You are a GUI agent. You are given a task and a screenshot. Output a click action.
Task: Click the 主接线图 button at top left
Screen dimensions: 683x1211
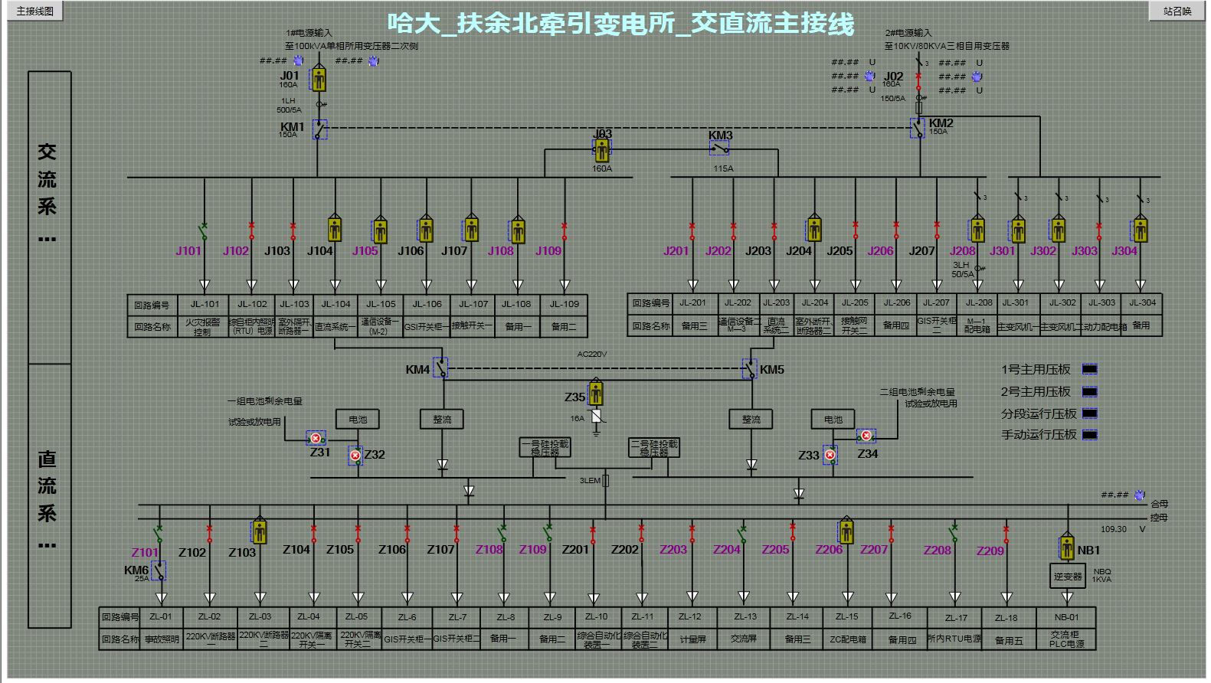34,11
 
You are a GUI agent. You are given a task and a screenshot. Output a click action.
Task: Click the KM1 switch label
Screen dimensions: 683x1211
292,127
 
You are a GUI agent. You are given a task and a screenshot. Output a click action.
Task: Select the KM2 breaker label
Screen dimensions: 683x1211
941,123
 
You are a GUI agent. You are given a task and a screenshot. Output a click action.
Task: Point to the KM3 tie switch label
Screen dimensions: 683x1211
720,136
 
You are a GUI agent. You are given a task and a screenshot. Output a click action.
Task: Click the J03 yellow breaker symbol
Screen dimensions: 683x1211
602,150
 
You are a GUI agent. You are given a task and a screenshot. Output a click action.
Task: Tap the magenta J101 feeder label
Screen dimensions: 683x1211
188,250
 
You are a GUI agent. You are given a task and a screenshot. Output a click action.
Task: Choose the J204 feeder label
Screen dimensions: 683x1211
798,250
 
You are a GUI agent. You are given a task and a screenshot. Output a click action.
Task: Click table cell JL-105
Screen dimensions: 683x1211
381,304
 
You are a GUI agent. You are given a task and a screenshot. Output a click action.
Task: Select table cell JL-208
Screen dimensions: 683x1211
978,302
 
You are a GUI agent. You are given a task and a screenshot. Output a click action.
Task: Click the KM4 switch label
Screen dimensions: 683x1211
417,370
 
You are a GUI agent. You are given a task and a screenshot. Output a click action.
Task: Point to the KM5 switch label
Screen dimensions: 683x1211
771,370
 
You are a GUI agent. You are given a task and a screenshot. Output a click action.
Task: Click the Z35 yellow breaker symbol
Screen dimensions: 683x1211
596,394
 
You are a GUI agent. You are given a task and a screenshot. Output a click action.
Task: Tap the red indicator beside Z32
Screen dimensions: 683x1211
355,456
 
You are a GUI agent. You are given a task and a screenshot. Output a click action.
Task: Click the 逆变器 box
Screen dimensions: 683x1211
1067,577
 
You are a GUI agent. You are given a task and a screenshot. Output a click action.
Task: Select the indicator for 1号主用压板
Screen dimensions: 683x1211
1089,370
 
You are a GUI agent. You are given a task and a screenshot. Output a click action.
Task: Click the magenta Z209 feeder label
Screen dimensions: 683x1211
990,551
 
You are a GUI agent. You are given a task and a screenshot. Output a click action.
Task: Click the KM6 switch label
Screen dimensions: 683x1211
136,570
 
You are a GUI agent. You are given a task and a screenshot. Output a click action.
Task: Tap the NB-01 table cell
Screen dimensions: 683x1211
1066,617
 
